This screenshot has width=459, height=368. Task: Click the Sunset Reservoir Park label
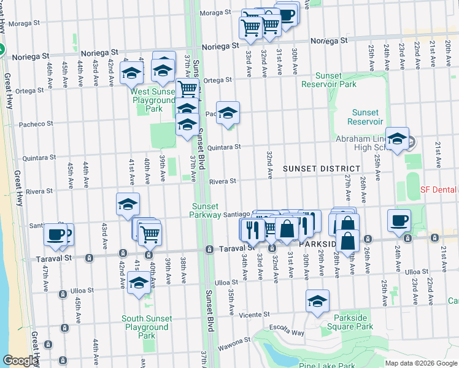pyautogui.click(x=328, y=80)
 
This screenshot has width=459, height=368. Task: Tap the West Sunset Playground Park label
pyautogui.click(x=153, y=100)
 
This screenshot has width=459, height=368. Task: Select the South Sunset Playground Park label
pyautogui.click(x=146, y=327)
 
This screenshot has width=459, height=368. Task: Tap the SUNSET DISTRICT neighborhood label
pyautogui.click(x=322, y=169)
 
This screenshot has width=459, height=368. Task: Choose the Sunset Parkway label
pyautogui.click(x=206, y=210)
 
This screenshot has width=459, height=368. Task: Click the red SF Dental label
pyautogui.click(x=438, y=190)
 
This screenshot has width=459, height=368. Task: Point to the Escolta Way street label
pyautogui.click(x=288, y=332)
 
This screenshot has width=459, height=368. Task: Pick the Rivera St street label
pyautogui.click(x=222, y=182)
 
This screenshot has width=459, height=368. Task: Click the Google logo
pyautogui.click(x=20, y=361)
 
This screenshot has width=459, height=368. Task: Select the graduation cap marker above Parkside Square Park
pyautogui.click(x=317, y=301)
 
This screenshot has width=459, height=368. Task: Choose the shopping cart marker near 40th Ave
pyautogui.click(x=150, y=233)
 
